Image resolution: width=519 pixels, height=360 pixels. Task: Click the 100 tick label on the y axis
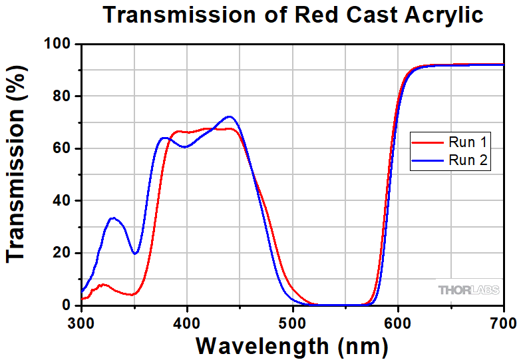[x=59, y=45]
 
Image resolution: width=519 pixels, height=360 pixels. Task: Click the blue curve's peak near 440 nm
[x=230, y=116]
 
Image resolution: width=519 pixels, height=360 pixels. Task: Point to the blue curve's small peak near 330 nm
[x=113, y=218]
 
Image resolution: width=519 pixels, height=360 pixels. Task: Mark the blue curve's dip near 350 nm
[x=135, y=254]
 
